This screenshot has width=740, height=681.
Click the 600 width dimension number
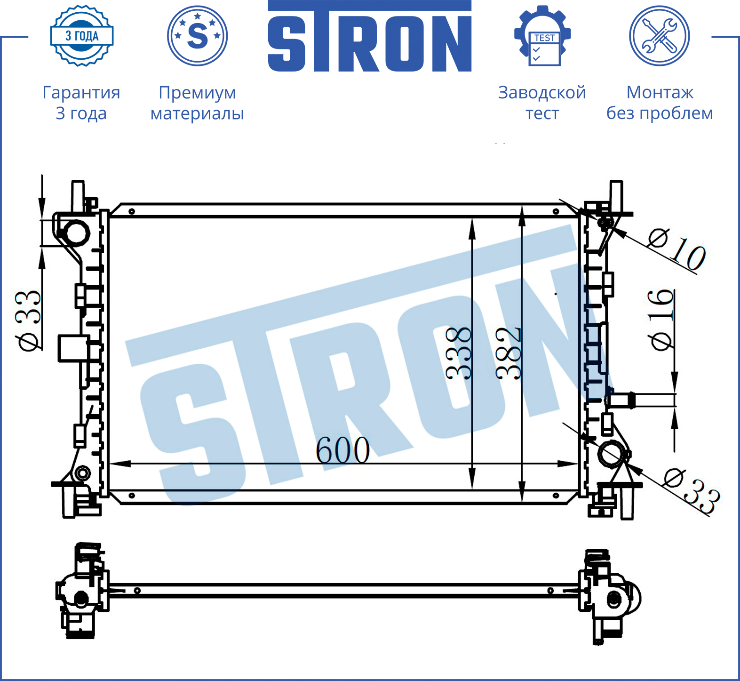(342, 450)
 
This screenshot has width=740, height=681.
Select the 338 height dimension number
(459, 353)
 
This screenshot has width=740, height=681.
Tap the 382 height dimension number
(509, 353)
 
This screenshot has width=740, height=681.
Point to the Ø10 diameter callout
(676, 249)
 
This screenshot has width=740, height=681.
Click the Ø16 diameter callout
(660, 320)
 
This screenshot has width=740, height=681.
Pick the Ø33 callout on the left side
(28, 321)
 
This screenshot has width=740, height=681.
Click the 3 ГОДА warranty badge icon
(82, 36)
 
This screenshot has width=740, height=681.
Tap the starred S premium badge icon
(198, 36)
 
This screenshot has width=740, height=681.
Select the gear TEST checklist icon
(542, 36)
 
